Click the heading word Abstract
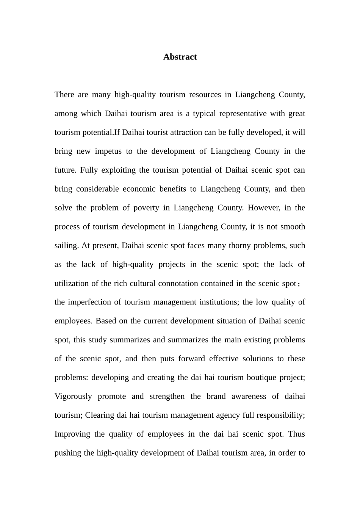(180, 57)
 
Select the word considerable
(97, 189)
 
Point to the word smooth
(292, 227)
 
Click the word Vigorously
(73, 397)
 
